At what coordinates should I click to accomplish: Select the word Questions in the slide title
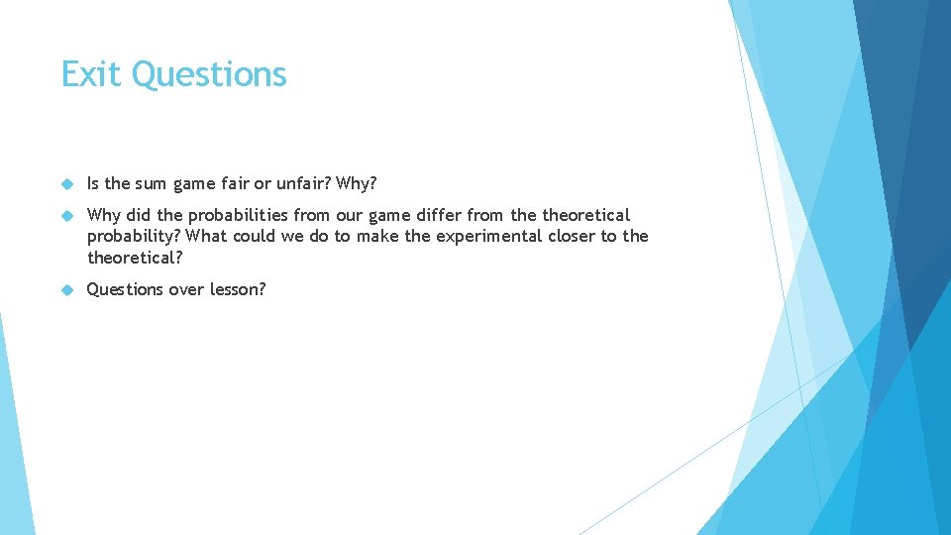[x=209, y=75]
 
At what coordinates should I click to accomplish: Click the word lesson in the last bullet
[x=238, y=289]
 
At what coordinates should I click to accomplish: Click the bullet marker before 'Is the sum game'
[x=67, y=184]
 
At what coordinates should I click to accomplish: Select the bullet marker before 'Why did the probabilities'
[x=67, y=216]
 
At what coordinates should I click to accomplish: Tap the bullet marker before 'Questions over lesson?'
[x=67, y=290]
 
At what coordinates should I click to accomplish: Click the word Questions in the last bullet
[x=127, y=289]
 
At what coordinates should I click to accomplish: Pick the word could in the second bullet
[x=256, y=236]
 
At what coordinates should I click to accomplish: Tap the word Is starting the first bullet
[x=94, y=183]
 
